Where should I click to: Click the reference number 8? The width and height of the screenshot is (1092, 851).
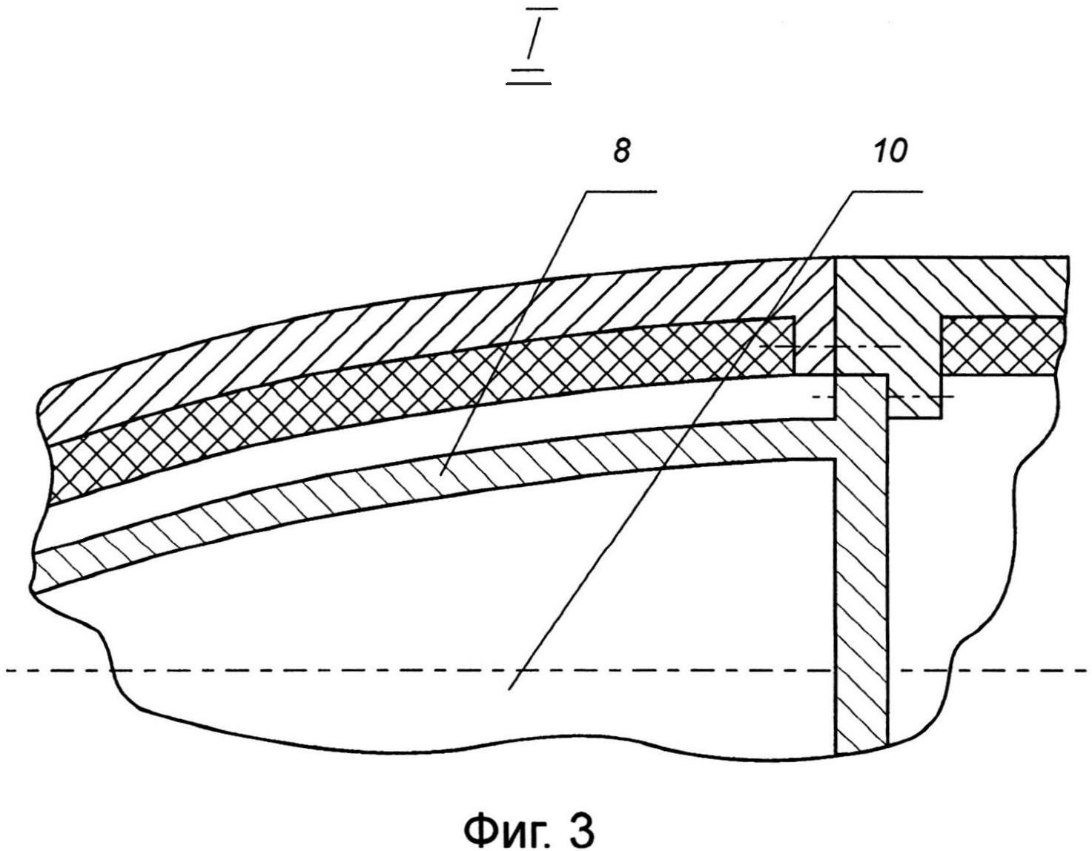[x=621, y=152]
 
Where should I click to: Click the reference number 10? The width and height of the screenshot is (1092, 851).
[x=890, y=152]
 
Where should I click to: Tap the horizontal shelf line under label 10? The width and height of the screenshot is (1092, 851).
[x=887, y=191]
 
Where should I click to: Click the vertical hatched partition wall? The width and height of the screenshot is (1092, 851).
[x=861, y=593]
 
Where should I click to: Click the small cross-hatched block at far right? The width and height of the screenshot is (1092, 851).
[x=1005, y=346]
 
